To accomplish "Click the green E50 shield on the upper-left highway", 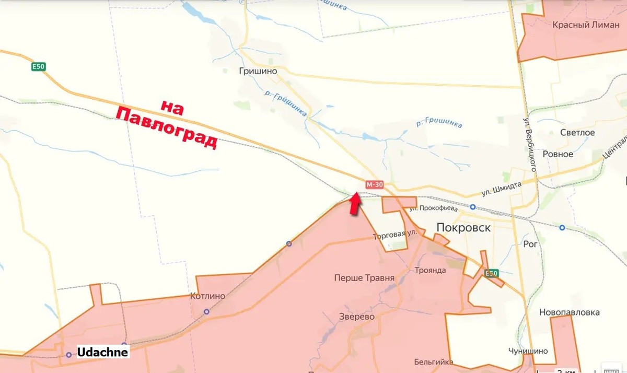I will pyautogui.click(x=38, y=67).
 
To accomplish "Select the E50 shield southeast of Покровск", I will pyautogui.click(x=491, y=273).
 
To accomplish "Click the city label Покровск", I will pyautogui.click(x=463, y=227).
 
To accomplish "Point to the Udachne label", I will pyautogui.click(x=102, y=353).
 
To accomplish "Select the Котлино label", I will pyautogui.click(x=208, y=296).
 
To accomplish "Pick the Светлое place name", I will pyautogui.click(x=577, y=133).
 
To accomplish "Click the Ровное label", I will pyautogui.click(x=558, y=154).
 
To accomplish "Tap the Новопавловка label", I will pyautogui.click(x=570, y=312).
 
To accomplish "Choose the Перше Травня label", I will pyautogui.click(x=364, y=278).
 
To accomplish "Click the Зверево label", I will pyautogui.click(x=357, y=317).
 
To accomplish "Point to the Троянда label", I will pyautogui.click(x=430, y=270).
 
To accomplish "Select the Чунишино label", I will pyautogui.click(x=528, y=351).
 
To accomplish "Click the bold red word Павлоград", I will pyautogui.click(x=166, y=129).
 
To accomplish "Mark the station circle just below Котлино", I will pyautogui.click(x=206, y=312).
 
